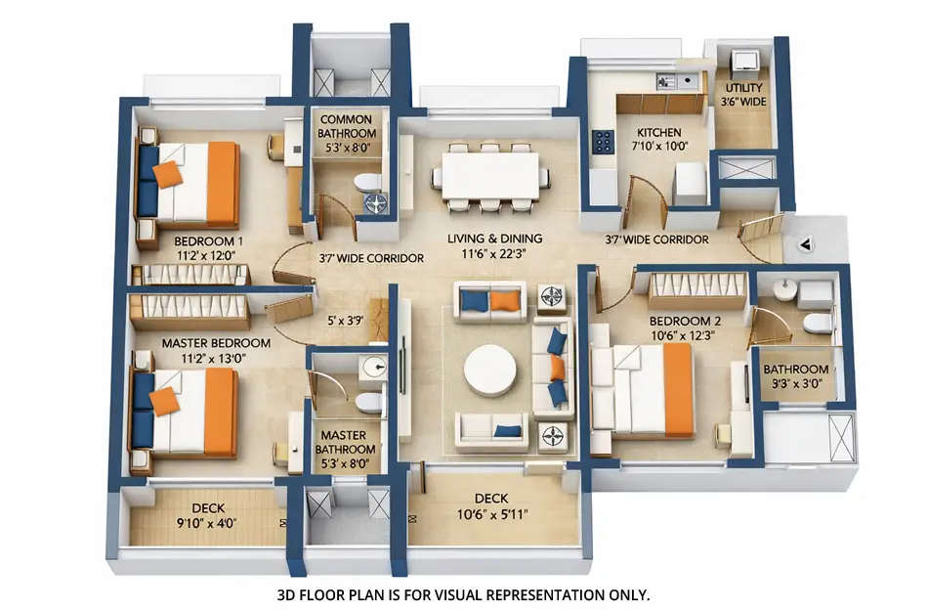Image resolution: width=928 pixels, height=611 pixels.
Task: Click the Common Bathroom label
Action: (347, 126)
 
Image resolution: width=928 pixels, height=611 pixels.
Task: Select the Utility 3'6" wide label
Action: (742, 94)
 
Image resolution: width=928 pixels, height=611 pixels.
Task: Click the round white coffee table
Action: (490, 371)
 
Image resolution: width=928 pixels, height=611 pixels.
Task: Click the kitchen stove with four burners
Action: (601, 143)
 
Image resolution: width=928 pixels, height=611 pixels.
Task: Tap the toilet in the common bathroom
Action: (367, 182)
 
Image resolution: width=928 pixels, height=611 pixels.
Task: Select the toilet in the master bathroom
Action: (368, 403)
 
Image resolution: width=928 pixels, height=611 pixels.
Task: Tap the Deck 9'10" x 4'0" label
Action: (208, 514)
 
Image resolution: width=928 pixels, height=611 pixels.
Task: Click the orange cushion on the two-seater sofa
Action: (504, 301)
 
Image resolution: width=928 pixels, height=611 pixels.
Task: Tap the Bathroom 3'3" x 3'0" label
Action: (796, 376)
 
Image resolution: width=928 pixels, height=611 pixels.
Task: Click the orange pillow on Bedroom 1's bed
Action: (167, 174)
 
